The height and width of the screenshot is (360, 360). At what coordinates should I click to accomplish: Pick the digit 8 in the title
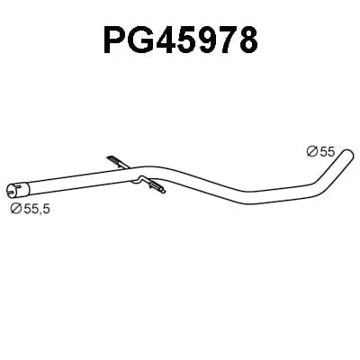coord(247,40)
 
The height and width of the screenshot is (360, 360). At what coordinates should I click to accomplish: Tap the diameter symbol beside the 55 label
coord(312,151)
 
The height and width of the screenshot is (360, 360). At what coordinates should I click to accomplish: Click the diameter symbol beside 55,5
coord(15,208)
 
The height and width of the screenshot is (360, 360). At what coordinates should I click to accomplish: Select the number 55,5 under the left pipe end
coord(36,209)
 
